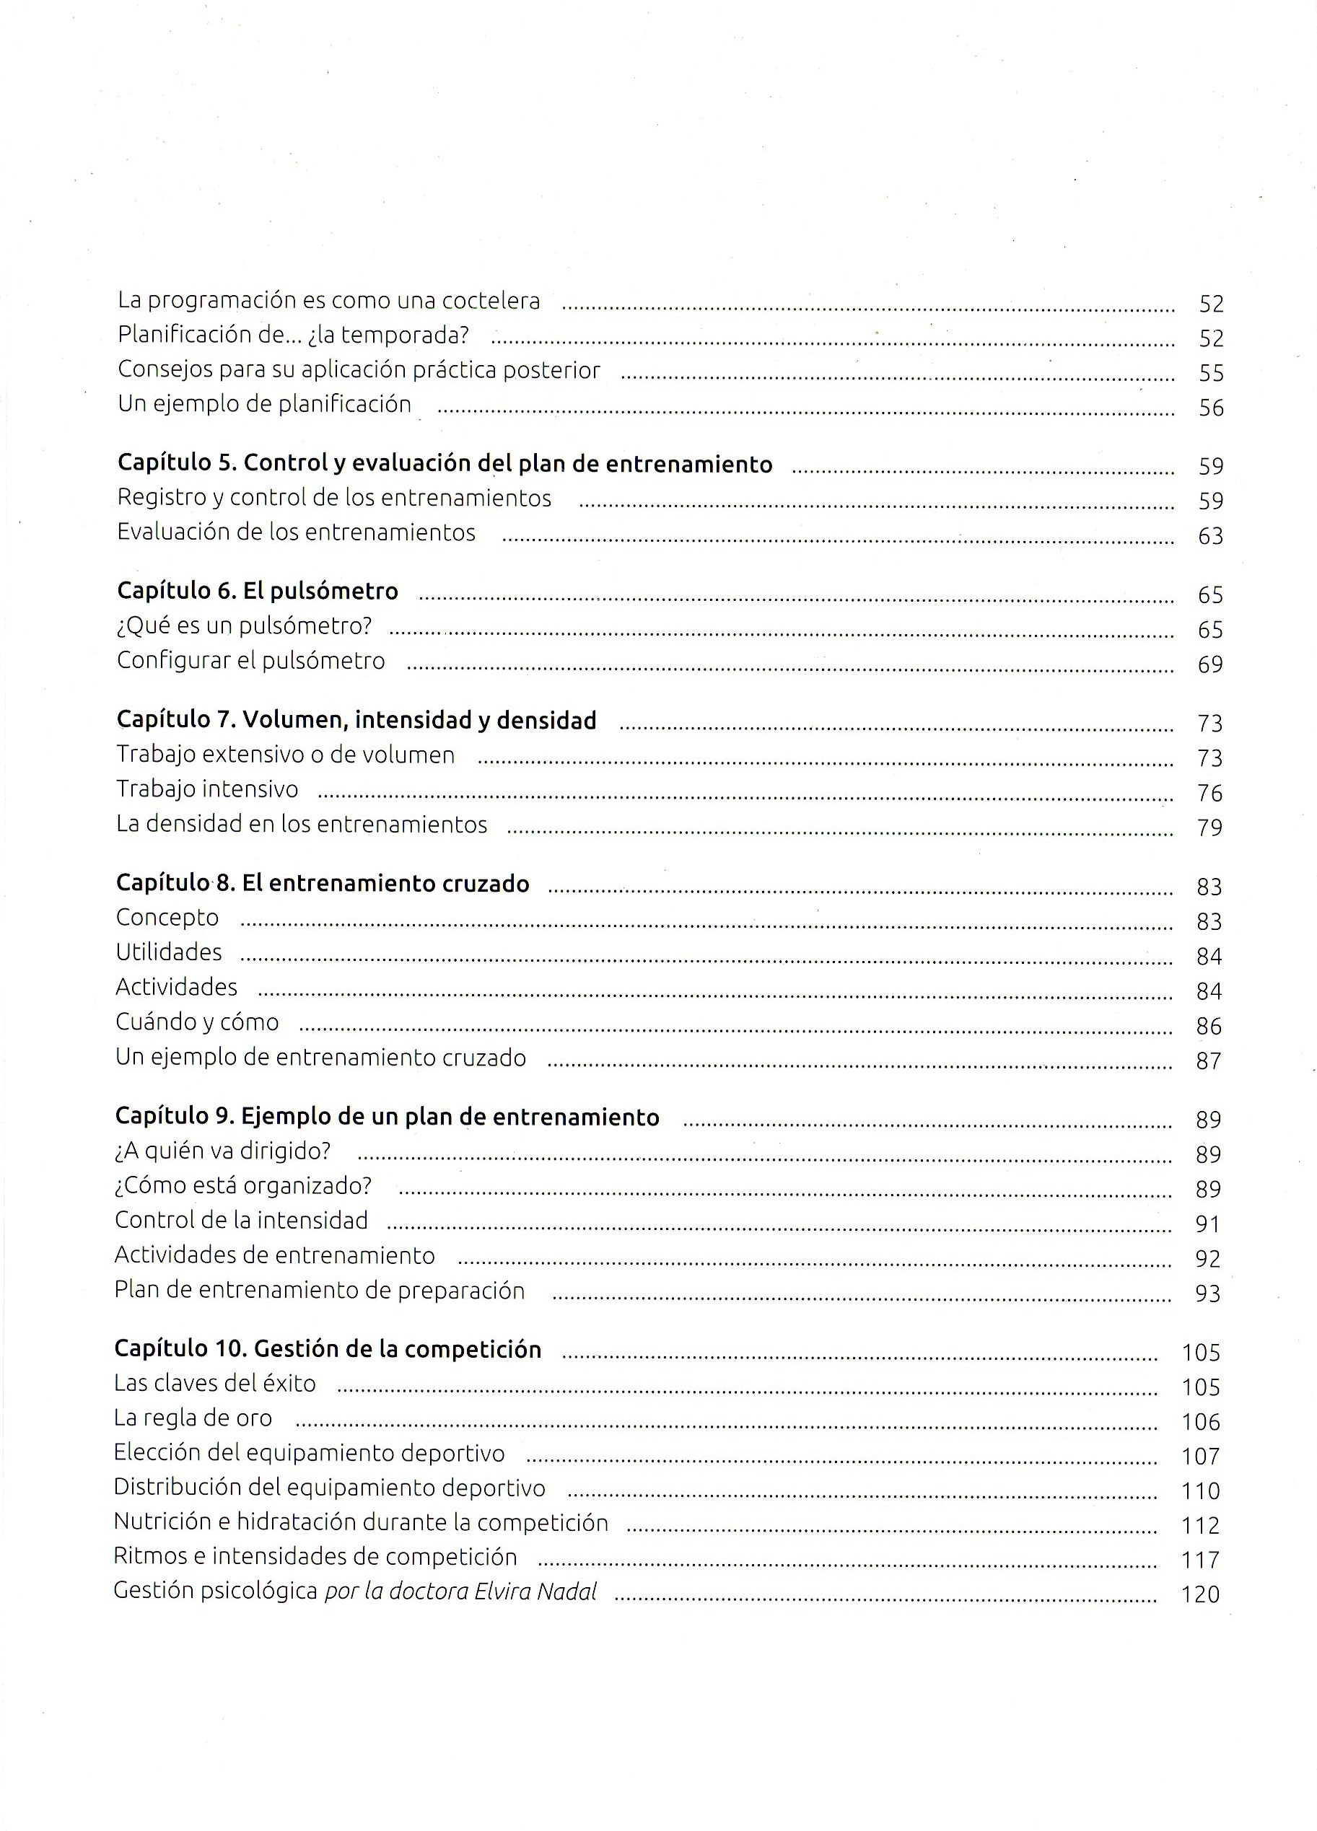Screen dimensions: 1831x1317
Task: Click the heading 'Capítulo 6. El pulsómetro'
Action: coord(258,591)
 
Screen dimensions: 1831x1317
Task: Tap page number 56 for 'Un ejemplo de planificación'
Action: coord(1210,408)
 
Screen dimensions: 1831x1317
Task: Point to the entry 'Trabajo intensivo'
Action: coord(206,789)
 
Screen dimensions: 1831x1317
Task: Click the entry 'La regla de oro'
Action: coord(193,1418)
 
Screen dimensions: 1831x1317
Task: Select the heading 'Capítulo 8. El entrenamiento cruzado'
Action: coord(322,883)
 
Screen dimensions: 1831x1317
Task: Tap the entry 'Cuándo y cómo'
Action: coord(197,1022)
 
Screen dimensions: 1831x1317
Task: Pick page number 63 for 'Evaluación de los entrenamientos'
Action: coord(1210,536)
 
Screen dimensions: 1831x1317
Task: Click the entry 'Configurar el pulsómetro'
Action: coord(250,660)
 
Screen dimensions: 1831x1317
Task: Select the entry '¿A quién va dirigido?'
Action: coord(223,1151)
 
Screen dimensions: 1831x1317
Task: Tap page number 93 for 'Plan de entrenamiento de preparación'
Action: coord(1207,1294)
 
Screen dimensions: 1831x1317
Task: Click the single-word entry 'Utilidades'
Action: coord(169,952)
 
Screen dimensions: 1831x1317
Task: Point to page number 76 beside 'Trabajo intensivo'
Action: coord(1209,793)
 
